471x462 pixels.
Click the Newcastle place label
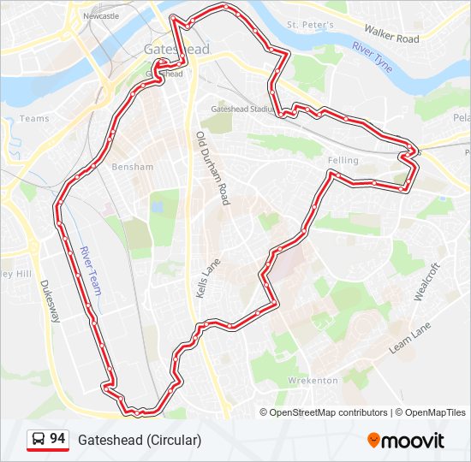102,15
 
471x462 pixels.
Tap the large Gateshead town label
177,50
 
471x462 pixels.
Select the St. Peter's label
310,25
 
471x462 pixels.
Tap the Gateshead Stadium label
242,110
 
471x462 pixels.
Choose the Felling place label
343,160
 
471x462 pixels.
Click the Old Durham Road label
213,169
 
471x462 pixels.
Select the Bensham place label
131,166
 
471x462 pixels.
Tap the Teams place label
34,119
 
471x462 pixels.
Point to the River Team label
90,271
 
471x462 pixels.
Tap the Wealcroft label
426,281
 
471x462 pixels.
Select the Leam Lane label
411,339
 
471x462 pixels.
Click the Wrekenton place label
313,380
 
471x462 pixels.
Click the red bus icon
38,440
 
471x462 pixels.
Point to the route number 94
57,439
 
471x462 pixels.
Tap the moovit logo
406,441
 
